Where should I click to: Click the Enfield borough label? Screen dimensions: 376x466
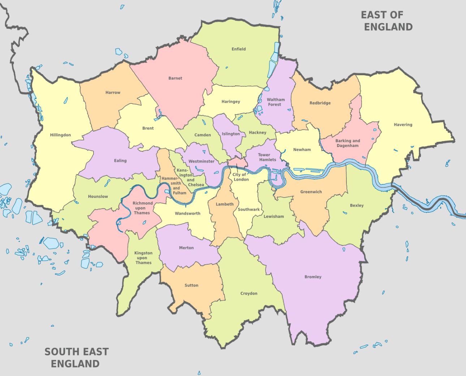click(238, 49)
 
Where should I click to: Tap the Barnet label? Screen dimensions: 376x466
click(175, 78)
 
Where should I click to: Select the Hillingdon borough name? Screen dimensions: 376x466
click(60, 135)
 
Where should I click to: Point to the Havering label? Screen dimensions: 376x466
click(403, 125)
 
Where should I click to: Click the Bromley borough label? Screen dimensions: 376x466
click(313, 277)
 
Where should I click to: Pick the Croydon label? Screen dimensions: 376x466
click(249, 293)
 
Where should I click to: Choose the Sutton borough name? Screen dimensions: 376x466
click(191, 285)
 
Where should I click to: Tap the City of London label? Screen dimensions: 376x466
click(241, 177)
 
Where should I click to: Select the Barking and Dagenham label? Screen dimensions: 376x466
click(348, 143)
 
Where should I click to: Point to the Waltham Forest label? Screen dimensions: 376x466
click(276, 102)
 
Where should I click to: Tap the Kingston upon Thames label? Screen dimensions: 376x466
click(143, 258)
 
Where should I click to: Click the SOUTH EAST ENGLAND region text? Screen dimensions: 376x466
click(76, 357)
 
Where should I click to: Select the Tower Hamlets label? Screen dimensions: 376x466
click(267, 157)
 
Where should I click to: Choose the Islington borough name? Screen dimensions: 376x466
click(231, 134)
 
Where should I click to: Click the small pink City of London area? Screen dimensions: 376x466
click(237, 163)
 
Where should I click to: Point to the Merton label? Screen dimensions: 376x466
click(186, 248)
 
